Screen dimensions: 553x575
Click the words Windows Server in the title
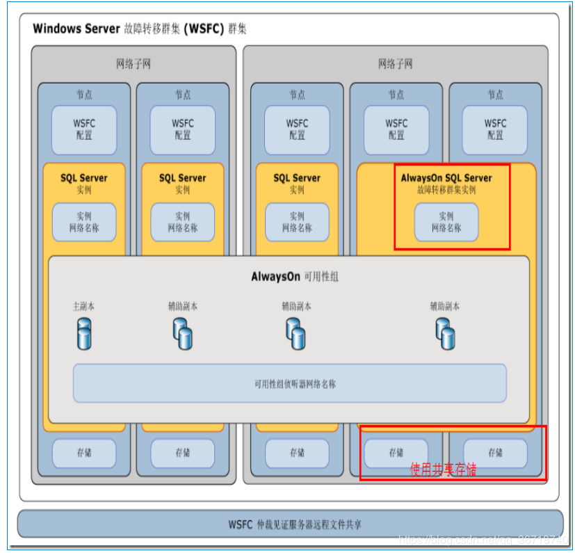(x=76, y=29)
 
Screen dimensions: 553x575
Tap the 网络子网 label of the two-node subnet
(x=133, y=65)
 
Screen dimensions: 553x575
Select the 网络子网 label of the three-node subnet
(x=395, y=65)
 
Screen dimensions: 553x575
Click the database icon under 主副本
(x=83, y=334)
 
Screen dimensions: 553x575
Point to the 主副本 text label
(x=83, y=306)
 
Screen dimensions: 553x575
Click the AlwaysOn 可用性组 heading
(x=295, y=277)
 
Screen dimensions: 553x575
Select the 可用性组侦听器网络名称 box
(x=289, y=383)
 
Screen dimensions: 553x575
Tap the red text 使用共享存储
(x=443, y=470)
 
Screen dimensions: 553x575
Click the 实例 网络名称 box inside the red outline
(x=446, y=222)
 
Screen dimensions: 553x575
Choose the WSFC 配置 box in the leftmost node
(x=84, y=129)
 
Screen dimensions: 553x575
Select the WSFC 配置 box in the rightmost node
(x=495, y=129)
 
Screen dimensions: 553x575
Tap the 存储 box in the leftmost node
(x=84, y=453)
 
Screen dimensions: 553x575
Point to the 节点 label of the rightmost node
(x=495, y=95)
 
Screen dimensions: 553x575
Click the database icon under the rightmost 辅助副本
(x=445, y=334)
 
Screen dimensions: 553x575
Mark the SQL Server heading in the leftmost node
(x=84, y=178)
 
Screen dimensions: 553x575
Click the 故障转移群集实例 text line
(x=446, y=190)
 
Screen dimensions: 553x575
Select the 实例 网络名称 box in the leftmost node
(x=84, y=222)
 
